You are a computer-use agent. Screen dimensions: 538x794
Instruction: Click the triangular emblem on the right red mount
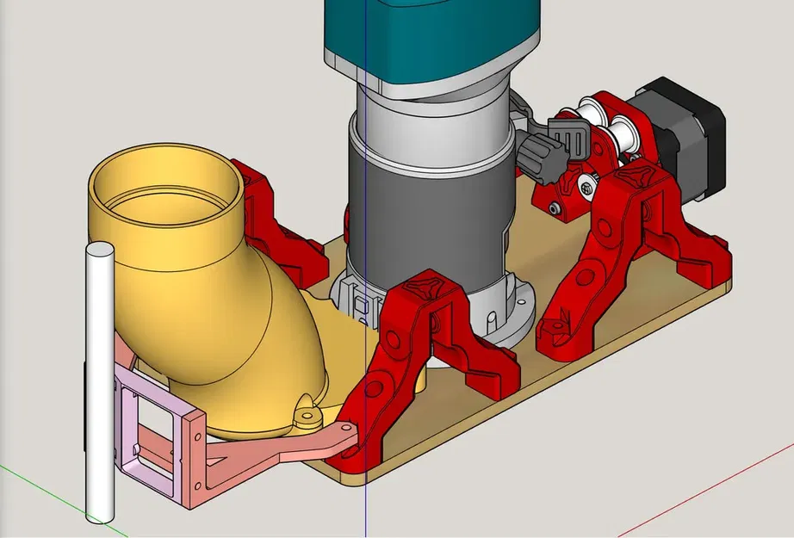[x=637, y=176]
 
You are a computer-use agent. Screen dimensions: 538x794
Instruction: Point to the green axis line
[x=34, y=482]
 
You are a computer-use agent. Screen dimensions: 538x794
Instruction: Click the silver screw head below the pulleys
[x=587, y=183]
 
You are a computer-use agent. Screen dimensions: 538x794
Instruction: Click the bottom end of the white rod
[x=97, y=516]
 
